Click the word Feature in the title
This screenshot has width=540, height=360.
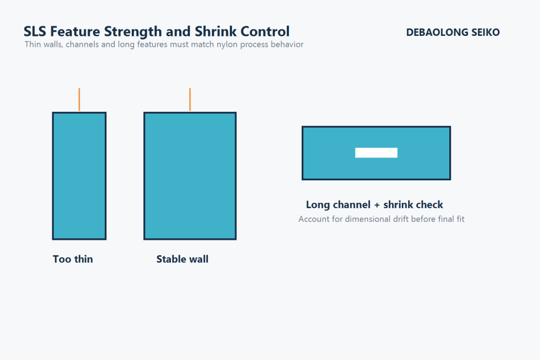coord(73,32)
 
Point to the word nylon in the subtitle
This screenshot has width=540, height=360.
coord(227,45)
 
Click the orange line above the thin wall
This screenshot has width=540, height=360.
coord(79,100)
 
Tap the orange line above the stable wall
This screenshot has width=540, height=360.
coord(190,100)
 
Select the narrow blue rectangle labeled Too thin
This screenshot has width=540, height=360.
coord(79,176)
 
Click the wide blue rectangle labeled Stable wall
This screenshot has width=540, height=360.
coord(190,176)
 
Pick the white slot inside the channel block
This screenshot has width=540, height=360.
coord(376,153)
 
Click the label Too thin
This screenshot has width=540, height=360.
coord(73,259)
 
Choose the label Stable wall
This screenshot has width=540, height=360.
coord(182,259)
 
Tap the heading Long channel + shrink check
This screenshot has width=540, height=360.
coord(374,205)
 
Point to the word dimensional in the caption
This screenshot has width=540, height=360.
coord(367,219)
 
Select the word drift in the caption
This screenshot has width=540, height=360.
coord(402,219)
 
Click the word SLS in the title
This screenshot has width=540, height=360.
coord(35,32)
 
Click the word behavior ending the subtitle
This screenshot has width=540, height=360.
coord(287,45)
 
